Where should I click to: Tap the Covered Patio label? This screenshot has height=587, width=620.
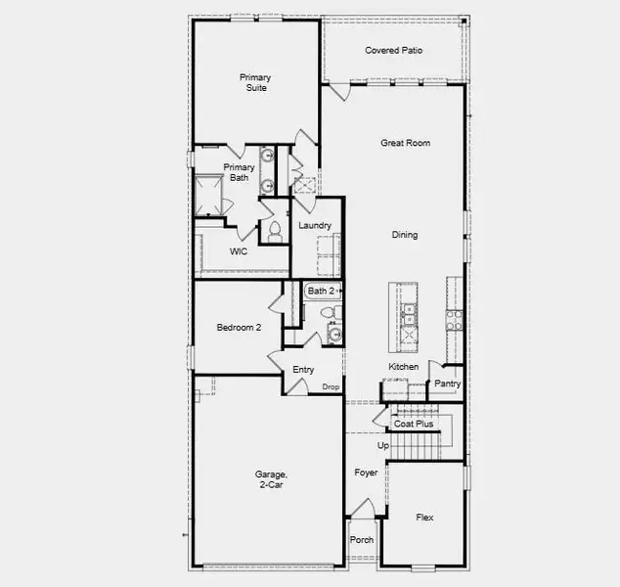393,50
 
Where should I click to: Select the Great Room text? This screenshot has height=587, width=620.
405,143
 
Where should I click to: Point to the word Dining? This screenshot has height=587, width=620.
405,235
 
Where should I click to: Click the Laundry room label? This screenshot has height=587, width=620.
315,226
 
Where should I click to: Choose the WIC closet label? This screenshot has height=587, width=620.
239,252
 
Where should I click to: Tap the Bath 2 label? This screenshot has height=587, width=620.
321,292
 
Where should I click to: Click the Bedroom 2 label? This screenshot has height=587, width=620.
239,328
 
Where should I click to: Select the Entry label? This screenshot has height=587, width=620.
303,370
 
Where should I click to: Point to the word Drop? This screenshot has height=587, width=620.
331,387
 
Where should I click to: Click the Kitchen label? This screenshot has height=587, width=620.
403,367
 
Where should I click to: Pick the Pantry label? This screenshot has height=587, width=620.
447,384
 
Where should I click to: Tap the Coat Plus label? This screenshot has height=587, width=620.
414,424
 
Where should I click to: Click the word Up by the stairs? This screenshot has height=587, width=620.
383,446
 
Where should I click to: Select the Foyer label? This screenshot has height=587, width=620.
366,473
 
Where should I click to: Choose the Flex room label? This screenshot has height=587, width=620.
424,518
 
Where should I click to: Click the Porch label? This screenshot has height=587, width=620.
361,539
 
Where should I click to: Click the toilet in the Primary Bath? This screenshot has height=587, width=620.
275,230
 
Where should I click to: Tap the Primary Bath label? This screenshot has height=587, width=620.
239,173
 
